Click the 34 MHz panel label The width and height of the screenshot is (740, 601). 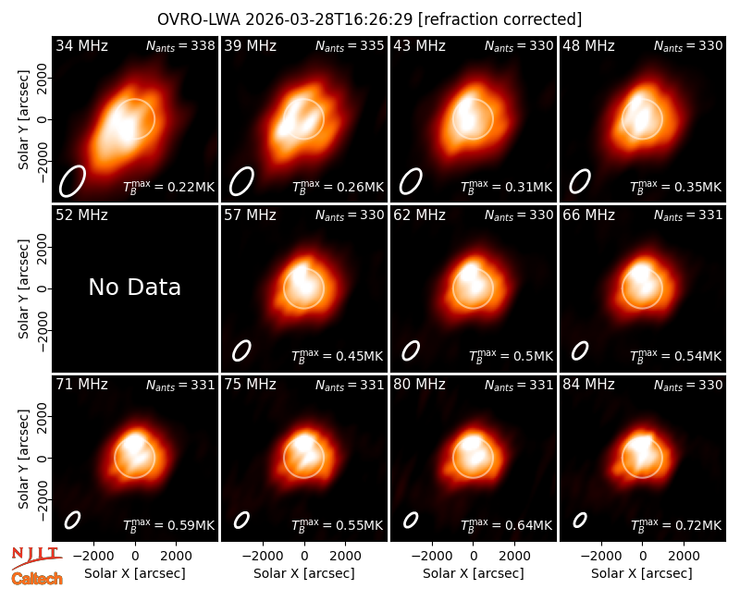click(x=81, y=45)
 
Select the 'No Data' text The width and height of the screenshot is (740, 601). click(x=134, y=287)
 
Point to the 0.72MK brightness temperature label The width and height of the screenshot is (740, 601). click(x=676, y=524)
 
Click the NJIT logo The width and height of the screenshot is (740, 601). click(x=36, y=558)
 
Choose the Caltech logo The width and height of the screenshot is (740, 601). click(x=37, y=579)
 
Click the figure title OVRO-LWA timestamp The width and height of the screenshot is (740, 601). click(x=369, y=19)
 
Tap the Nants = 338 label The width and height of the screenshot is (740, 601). click(x=180, y=45)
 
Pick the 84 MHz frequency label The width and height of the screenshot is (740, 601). click(x=588, y=385)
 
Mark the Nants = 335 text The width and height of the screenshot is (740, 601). click(x=350, y=45)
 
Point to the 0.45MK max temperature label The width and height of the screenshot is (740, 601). click(x=338, y=355)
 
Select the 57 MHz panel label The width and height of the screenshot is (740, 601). click(x=250, y=215)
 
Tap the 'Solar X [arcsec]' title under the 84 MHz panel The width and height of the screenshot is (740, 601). click(x=642, y=573)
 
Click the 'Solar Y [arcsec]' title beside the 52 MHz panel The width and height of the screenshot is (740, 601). click(x=23, y=288)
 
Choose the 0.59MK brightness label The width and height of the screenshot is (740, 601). click(x=168, y=524)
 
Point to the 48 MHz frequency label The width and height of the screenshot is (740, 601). click(x=588, y=45)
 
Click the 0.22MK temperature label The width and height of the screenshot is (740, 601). click(x=168, y=186)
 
